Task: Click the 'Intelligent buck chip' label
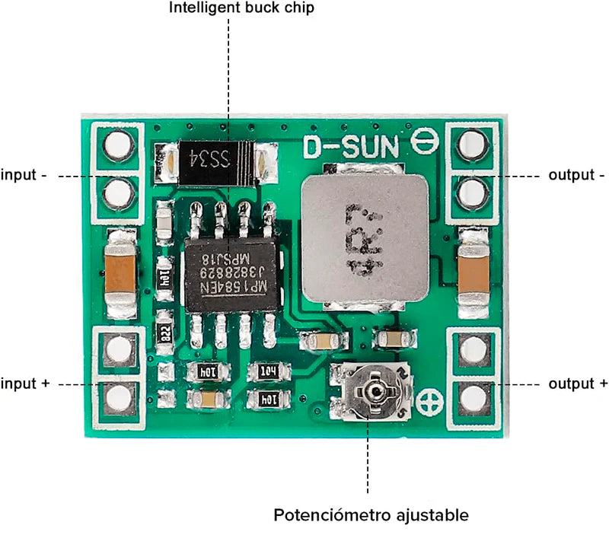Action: tap(241, 8)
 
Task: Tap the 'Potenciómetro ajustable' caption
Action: tap(371, 515)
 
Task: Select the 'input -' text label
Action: tap(24, 175)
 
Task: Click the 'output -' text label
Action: tap(577, 175)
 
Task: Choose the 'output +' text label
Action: tap(579, 384)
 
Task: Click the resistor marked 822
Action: tap(164, 331)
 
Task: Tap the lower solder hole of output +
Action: tap(473, 396)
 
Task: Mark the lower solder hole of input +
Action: tap(117, 396)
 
